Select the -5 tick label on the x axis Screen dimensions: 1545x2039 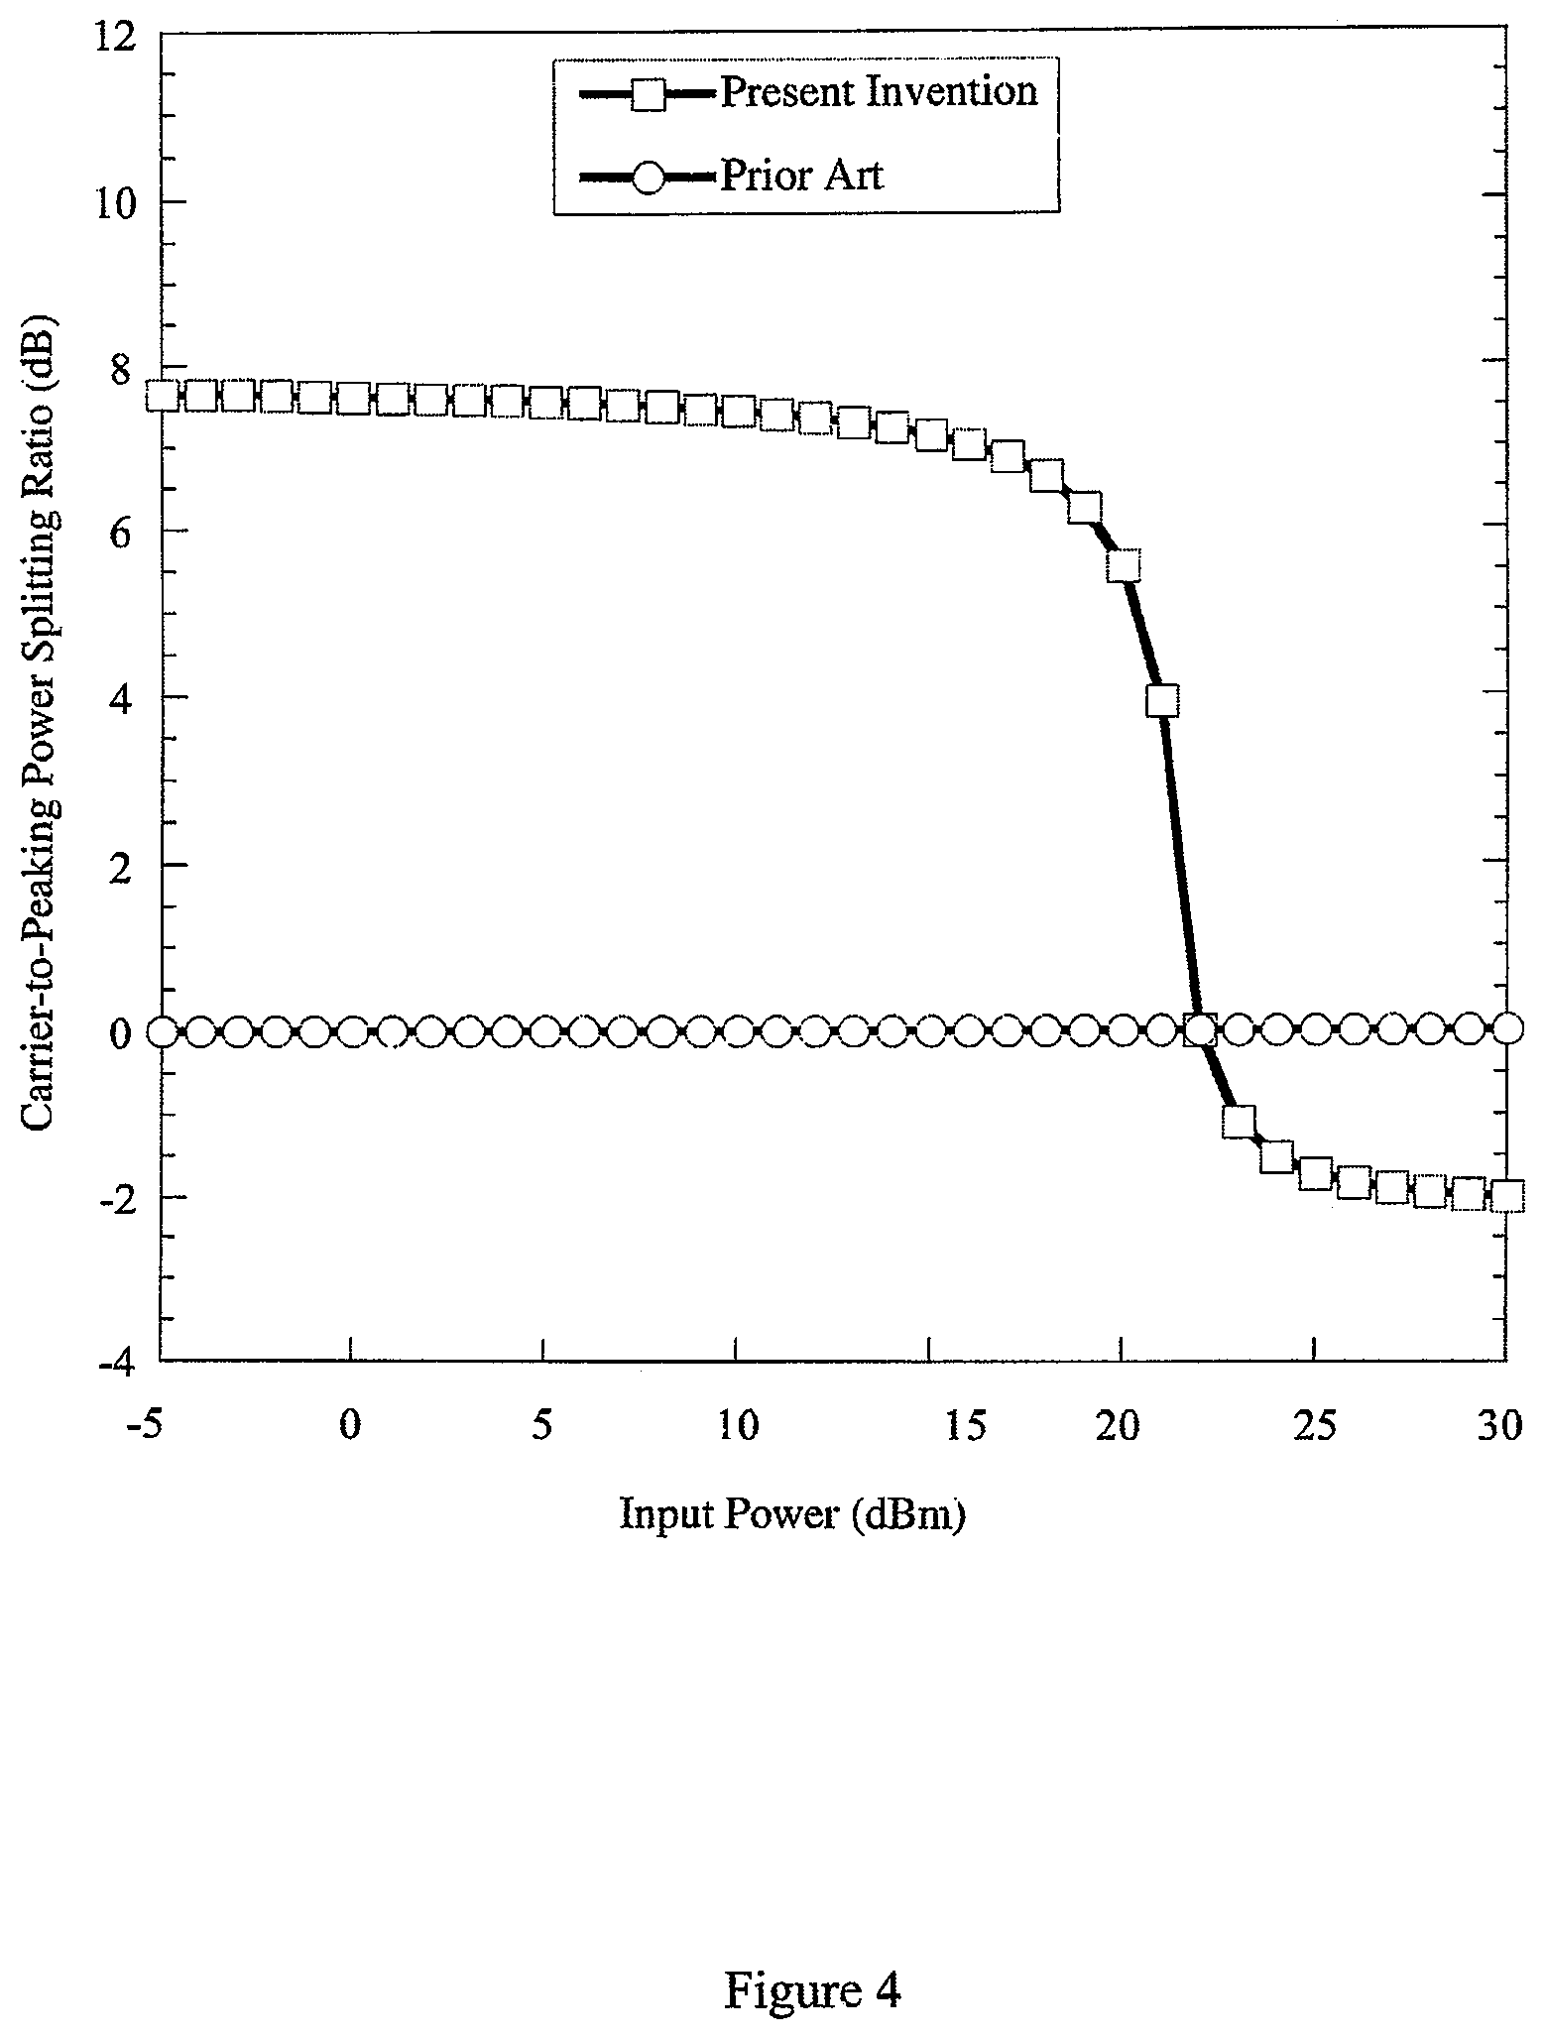146,1427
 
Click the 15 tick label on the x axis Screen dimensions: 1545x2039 966,1427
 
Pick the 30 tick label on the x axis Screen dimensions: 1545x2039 1498,1427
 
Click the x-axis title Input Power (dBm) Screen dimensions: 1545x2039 791,1515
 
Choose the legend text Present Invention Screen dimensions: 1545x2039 879,92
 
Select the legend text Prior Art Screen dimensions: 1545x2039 801,177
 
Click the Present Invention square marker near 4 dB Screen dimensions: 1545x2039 1162,700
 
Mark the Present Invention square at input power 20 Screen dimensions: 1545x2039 1124,565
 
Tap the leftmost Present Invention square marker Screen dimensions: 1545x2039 163,396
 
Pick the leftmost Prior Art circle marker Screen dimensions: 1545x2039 163,1031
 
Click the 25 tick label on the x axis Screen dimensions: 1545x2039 1315,1427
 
